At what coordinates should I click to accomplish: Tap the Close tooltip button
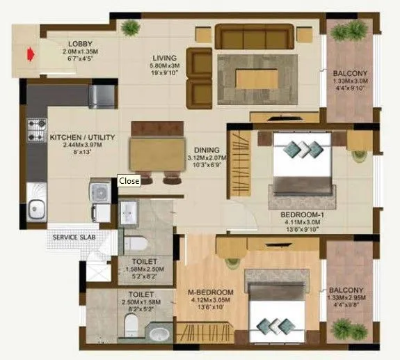click(129, 181)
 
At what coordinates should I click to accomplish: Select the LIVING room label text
click(166, 58)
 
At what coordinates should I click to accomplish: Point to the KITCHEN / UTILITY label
click(82, 138)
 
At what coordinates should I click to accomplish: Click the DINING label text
click(207, 150)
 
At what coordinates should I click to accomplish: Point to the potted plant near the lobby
click(129, 28)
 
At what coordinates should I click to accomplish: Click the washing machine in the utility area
click(100, 191)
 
